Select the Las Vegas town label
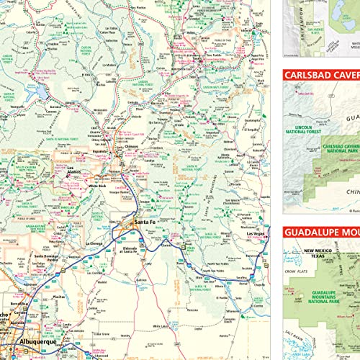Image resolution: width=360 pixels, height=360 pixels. pyautogui.click(x=258, y=234)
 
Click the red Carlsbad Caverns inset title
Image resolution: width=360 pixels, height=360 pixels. pyautogui.click(x=321, y=74)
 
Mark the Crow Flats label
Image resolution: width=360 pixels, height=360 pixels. pyautogui.click(x=295, y=275)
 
